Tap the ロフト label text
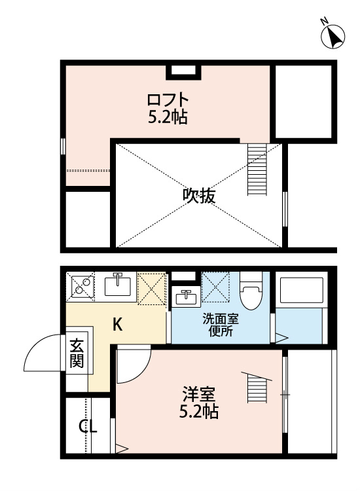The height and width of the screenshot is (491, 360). tap(168, 100)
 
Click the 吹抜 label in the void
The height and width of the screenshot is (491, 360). tap(199, 195)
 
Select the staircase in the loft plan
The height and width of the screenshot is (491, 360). tap(258, 170)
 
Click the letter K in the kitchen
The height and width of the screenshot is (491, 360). tap(118, 323)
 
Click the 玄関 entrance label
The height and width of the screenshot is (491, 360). tap(77, 353)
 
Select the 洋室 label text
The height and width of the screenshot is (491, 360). tap(198, 395)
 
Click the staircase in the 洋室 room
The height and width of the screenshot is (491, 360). tap(257, 388)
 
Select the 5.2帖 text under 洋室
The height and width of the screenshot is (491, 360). tap(199, 412)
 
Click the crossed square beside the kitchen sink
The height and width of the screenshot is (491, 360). tap(151, 288)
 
